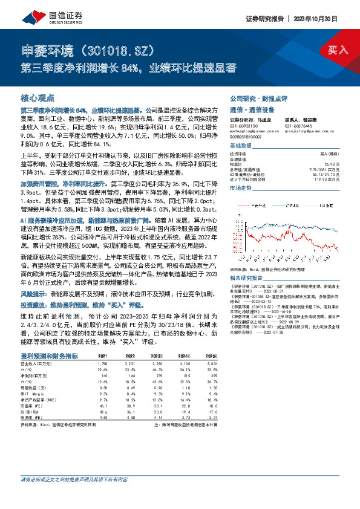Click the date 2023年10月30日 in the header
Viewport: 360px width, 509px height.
click(x=322, y=18)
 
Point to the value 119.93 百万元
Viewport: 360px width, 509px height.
click(x=320, y=180)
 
